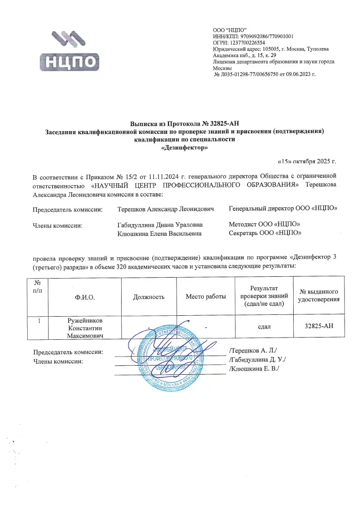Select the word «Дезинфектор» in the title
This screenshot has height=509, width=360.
184,147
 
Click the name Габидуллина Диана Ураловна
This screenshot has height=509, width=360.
160,225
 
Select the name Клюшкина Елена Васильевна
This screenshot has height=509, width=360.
159,233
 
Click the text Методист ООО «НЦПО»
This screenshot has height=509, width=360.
265,225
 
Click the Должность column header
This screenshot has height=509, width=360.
148,297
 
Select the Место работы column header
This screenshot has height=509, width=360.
206,297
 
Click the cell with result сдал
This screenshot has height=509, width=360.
265,327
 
